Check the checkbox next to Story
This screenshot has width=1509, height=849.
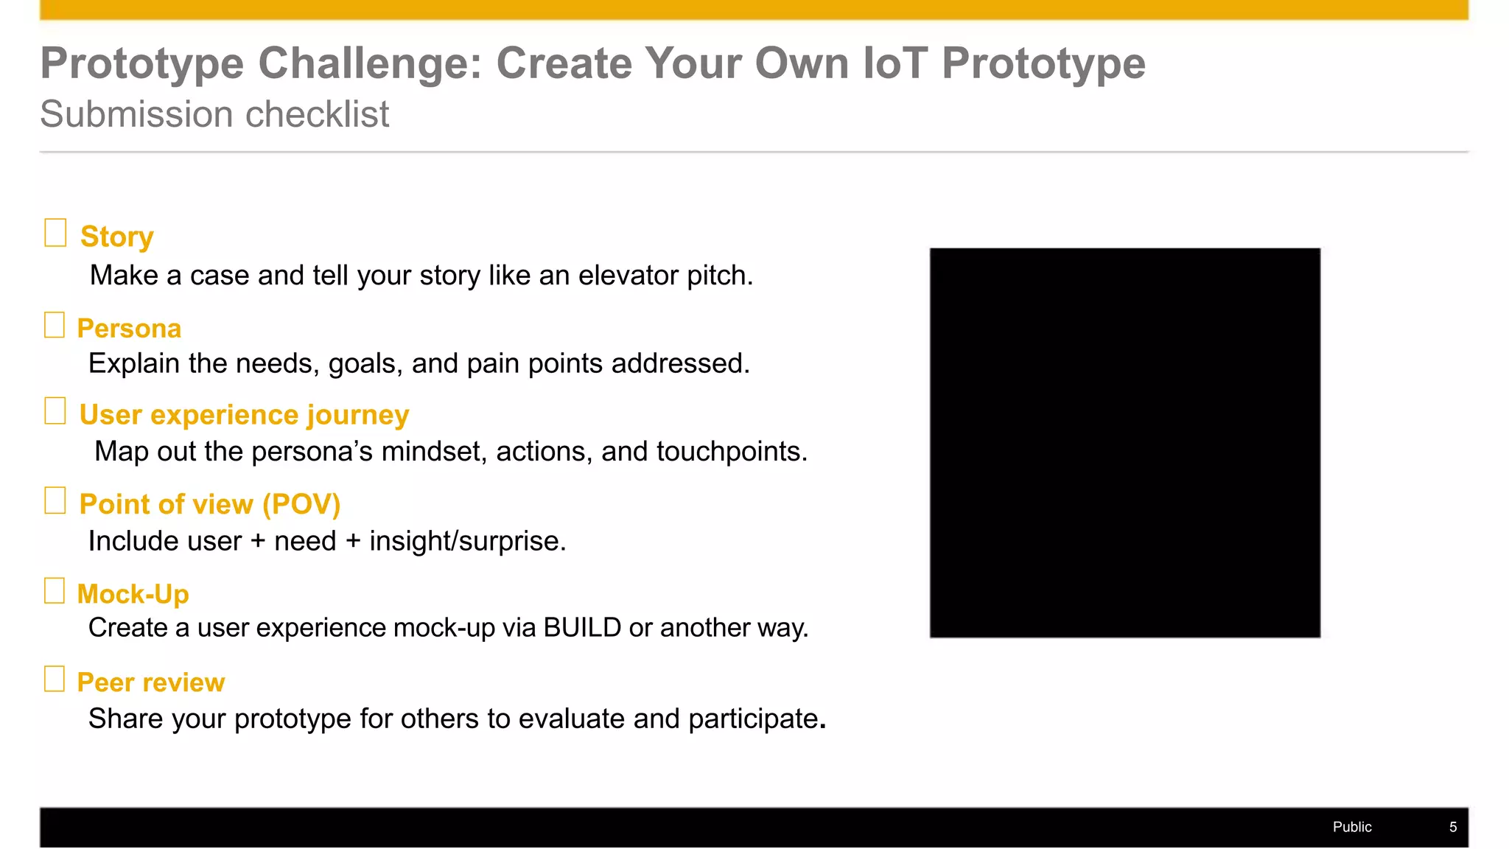[55, 233]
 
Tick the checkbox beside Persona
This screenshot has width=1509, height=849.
[55, 325]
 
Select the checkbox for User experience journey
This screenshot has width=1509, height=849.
[55, 411]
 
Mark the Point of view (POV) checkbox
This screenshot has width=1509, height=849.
[55, 500]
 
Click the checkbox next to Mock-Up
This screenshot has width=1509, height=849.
[55, 590]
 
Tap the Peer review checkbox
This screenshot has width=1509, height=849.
[55, 679]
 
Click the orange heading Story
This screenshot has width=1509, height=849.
[116, 237]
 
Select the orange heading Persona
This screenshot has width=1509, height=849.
[129, 329]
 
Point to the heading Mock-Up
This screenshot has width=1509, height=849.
[133, 594]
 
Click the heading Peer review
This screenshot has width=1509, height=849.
[150, 682]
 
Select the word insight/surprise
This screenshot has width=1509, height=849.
[467, 542]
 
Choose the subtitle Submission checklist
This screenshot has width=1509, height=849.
[214, 114]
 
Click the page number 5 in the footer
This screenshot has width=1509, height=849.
[1452, 827]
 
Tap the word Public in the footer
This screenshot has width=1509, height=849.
[1351, 827]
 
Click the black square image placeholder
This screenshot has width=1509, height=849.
[1124, 442]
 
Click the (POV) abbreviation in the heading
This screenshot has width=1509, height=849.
[301, 505]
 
